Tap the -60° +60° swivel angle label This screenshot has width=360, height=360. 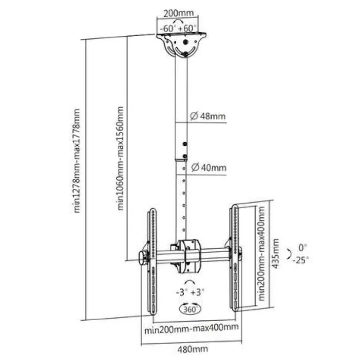(178, 29)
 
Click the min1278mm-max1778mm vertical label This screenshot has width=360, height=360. (78, 161)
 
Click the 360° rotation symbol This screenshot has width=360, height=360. (189, 309)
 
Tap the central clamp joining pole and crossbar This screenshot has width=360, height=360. (189, 255)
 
